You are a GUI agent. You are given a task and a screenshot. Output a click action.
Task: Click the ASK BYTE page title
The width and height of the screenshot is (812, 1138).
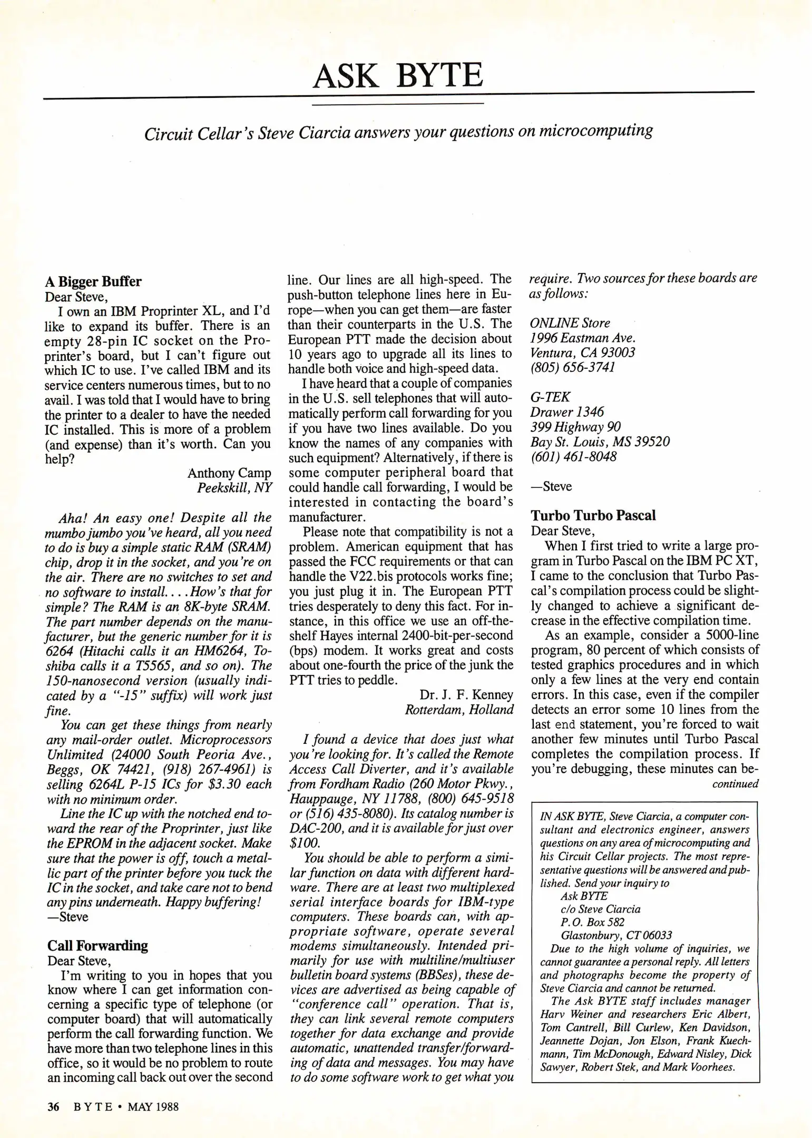[x=398, y=75]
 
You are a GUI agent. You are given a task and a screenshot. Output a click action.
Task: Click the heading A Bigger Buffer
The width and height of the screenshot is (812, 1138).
[x=93, y=281]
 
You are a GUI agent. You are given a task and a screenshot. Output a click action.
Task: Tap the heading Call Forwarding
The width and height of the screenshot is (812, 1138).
[x=97, y=945]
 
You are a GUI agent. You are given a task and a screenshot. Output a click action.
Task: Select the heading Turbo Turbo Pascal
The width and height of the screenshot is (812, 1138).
[x=593, y=515]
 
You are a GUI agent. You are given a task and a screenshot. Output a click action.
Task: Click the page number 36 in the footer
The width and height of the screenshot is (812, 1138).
[x=53, y=1106]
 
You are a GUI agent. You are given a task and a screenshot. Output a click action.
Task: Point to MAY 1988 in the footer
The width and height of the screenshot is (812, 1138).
[x=153, y=1106]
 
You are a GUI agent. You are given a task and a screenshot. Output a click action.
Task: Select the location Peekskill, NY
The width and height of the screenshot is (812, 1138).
[x=234, y=488]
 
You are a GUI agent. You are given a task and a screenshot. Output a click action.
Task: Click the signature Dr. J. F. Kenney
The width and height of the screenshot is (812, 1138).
[x=466, y=695]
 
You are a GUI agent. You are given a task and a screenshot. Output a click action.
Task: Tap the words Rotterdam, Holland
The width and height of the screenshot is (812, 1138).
[x=459, y=710]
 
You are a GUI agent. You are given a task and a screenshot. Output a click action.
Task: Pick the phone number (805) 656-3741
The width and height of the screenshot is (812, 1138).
[x=572, y=367]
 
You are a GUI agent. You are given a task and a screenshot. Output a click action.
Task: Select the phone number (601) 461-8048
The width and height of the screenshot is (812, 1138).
[x=573, y=456]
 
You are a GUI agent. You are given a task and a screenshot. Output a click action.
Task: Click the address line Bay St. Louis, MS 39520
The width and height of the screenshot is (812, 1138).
[x=600, y=442]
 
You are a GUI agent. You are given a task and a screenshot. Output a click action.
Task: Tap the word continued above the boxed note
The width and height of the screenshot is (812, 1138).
[x=735, y=784]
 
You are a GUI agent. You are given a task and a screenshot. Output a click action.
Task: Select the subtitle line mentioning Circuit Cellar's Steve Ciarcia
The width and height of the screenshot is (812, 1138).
[x=398, y=132]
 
